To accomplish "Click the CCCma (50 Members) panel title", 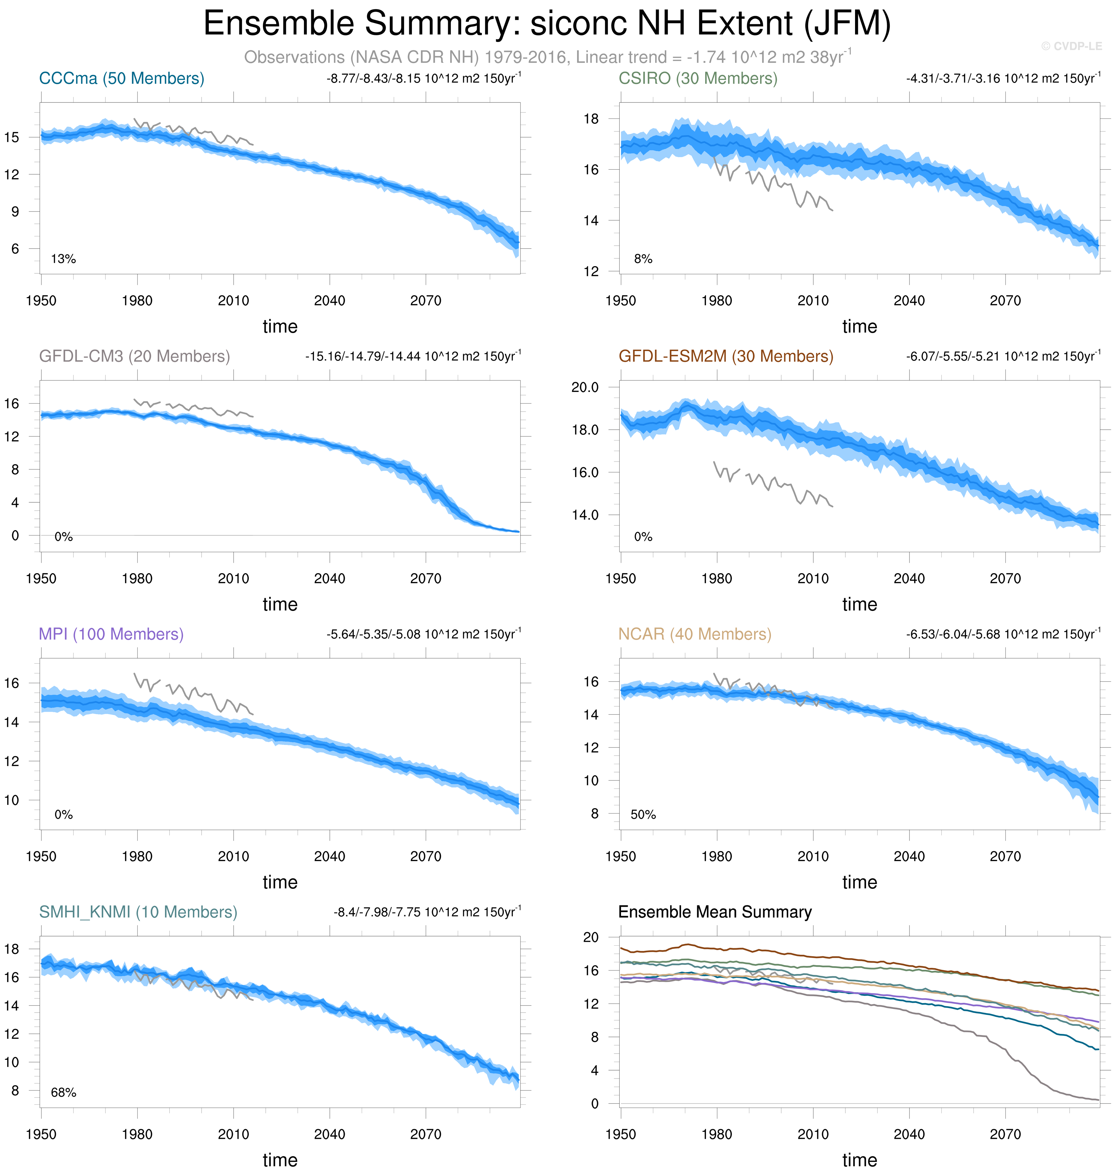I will pos(121,79).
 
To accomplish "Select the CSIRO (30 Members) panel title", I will pos(698,79).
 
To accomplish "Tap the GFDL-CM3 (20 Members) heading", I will pos(134,356).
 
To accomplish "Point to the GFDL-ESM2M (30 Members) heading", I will pos(726,356).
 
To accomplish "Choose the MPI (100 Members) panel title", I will pos(111,634).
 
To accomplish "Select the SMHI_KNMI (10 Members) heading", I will pos(138,912).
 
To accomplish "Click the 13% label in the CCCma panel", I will pos(64,259).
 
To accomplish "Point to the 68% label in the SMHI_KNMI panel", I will pos(64,1093).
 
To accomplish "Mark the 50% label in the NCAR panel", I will pos(643,814).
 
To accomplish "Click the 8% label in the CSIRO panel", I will pos(643,259).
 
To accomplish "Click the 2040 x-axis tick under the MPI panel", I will pos(330,857).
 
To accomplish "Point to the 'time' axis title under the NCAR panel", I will pos(859,882).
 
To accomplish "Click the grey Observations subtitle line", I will pos(547,57).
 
